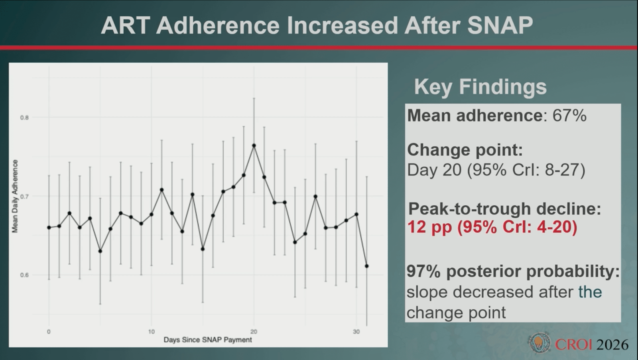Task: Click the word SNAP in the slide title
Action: click(x=500, y=26)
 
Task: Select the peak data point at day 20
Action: click(x=254, y=146)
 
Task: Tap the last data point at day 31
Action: click(x=367, y=266)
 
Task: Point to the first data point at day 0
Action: click(x=49, y=228)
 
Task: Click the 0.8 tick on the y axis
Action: click(x=24, y=118)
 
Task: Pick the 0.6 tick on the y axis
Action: click(x=24, y=275)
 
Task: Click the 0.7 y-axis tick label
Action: click(x=24, y=196)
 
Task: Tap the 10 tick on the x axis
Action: click(x=152, y=332)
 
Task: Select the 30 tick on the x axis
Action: click(x=356, y=332)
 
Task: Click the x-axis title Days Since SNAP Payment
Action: click(x=208, y=340)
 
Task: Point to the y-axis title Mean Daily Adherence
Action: click(x=15, y=196)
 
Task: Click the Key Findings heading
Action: click(x=480, y=87)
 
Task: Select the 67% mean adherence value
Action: click(x=569, y=116)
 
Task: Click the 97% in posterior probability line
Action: click(x=423, y=271)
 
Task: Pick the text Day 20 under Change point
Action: click(x=434, y=170)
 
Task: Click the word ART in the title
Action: click(x=126, y=26)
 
